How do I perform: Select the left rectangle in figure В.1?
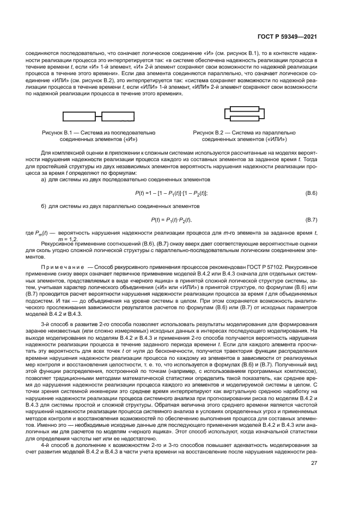click(82, 116)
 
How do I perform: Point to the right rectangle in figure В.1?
click(118, 116)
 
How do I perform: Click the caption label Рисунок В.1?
click(58, 132)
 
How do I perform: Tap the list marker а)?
click(44, 179)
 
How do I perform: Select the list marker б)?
click(44, 206)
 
